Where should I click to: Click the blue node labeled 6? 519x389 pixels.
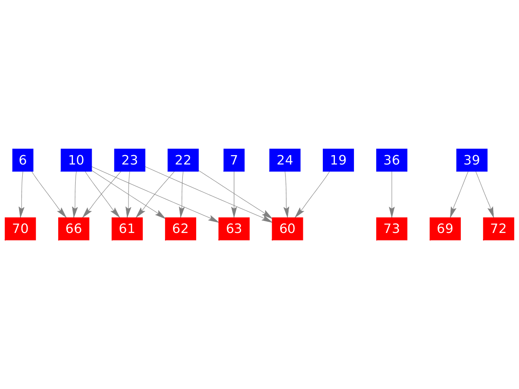23,160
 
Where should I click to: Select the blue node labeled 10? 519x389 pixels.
76,160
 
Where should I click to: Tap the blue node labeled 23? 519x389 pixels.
129,160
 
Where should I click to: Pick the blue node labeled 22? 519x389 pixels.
183,160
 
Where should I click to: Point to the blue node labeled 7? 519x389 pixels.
234,160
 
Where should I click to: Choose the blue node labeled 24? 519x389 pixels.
285,160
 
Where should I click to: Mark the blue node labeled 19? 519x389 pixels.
338,160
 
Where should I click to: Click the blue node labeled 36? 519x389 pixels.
392,160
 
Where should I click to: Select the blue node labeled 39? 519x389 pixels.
472,160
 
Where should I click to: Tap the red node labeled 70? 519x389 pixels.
20,229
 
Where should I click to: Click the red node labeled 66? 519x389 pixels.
74,229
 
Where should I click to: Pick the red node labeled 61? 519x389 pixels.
127,229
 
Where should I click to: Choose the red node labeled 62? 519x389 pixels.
181,229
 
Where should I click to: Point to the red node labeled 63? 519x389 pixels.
234,229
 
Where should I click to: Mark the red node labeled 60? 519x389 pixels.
287,229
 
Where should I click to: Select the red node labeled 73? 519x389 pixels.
392,229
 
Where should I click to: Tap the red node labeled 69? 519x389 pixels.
445,229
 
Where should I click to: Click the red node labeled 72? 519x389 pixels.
499,229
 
